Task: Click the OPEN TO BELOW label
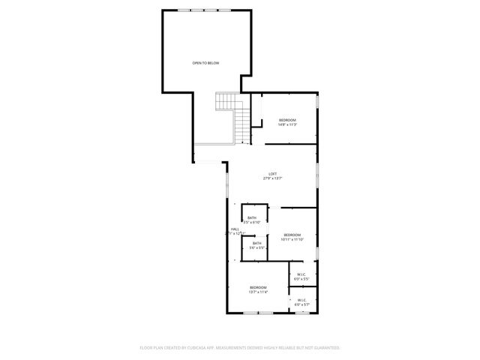205,63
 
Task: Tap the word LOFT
273,174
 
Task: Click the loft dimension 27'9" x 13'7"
273,178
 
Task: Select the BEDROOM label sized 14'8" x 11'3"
287,120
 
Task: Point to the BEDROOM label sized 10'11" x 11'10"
292,235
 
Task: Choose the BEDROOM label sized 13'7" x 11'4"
259,288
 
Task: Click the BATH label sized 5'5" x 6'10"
252,217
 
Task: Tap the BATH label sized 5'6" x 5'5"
256,243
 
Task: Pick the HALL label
235,229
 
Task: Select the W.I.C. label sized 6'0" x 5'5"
301,274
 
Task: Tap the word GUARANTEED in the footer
325,348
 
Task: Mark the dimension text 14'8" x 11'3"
287,124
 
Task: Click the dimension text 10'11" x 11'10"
292,239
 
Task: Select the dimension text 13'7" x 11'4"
259,292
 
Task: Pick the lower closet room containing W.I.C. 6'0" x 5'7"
302,300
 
